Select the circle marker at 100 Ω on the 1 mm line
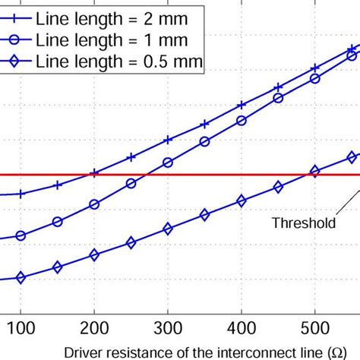tap(21, 235)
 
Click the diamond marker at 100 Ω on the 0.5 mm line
tap(21, 278)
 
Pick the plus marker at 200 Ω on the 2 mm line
tap(94, 173)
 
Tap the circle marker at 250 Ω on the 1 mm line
tap(131, 183)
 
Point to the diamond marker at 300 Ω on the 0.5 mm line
tap(168, 229)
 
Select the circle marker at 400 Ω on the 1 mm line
tap(242, 120)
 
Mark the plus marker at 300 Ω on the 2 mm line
tap(168, 140)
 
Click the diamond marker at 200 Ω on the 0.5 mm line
tap(94, 256)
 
